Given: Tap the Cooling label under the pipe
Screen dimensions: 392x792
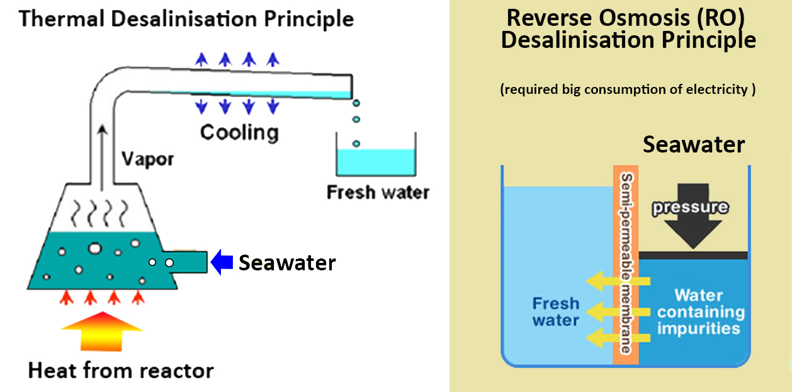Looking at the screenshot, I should pyautogui.click(x=239, y=132).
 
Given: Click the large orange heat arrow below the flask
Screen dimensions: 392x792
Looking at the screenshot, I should pyautogui.click(x=102, y=330).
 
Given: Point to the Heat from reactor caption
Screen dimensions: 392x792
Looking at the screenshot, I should pyautogui.click(x=120, y=370).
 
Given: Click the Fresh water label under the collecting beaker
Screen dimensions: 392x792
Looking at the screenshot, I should pyautogui.click(x=377, y=192).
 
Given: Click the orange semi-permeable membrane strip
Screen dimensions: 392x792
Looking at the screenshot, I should pyautogui.click(x=625, y=265).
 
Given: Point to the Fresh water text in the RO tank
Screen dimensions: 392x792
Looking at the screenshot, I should pyautogui.click(x=555, y=312).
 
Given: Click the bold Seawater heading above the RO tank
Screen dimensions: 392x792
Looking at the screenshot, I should pyautogui.click(x=693, y=145).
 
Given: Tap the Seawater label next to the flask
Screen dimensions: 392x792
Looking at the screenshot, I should pyautogui.click(x=286, y=263).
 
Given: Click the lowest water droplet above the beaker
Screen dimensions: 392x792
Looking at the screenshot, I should pyautogui.click(x=356, y=144).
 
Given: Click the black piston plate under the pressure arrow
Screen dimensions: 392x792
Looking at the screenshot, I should pyautogui.click(x=693, y=255).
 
